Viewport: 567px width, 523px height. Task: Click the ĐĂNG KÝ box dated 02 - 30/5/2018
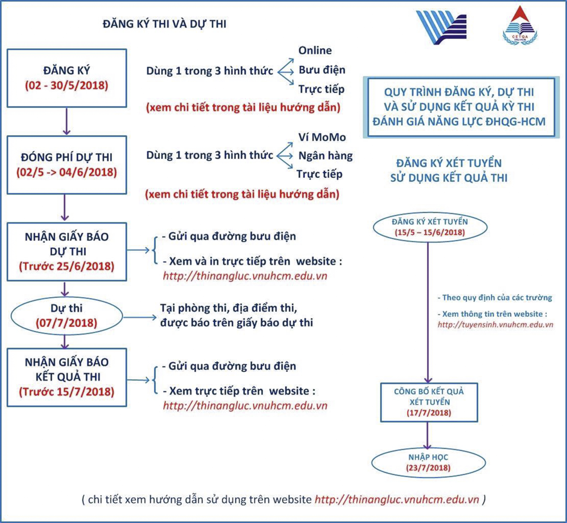tap(67, 78)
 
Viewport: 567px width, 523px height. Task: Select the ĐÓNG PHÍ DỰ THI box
tap(67, 165)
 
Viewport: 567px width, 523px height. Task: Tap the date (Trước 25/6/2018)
tap(67, 266)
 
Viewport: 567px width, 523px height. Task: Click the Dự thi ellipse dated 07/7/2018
tap(67, 316)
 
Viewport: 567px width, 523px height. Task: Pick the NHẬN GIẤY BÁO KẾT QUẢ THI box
tap(67, 377)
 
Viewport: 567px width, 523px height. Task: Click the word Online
tap(315, 51)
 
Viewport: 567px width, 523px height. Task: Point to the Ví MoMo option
tap(322, 137)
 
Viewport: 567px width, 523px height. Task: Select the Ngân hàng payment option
tap(325, 156)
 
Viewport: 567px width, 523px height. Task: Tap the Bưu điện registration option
tap(322, 70)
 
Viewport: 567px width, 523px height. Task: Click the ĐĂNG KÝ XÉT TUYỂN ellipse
tap(430, 227)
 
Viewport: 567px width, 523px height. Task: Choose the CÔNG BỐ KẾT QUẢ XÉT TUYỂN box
tap(429, 402)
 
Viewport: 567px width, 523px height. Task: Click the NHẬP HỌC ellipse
tap(428, 462)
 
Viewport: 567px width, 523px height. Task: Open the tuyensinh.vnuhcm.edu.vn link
tap(495, 325)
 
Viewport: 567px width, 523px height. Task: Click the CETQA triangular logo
tap(520, 26)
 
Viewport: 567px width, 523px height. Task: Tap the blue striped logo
tap(441, 27)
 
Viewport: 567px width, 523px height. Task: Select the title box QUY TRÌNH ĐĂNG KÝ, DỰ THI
tap(459, 107)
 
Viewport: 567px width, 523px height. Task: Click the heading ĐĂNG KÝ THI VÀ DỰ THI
tap(165, 24)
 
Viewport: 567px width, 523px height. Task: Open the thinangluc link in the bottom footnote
tap(396, 499)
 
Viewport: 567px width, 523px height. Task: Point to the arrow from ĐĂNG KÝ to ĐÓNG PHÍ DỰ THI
tap(66, 121)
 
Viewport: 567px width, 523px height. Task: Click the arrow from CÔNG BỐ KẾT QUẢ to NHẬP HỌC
tap(427, 435)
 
